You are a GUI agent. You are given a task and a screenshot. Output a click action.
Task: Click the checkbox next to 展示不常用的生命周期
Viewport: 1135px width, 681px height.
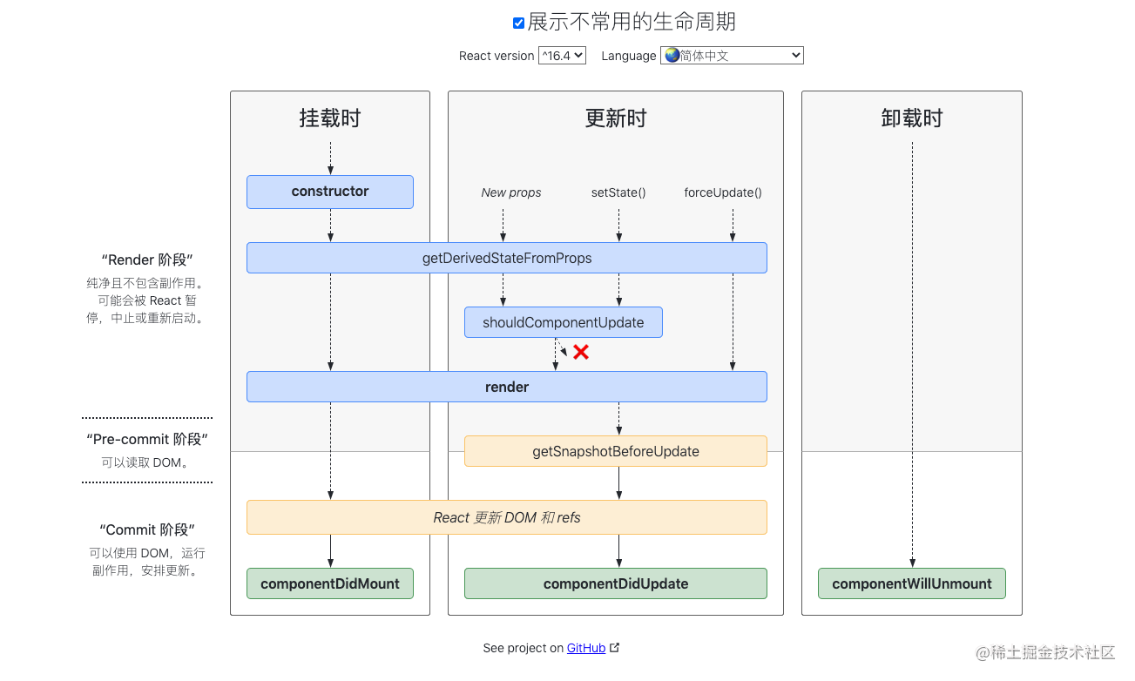click(518, 24)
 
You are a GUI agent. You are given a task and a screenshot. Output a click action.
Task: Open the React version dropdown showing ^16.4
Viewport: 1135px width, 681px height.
click(562, 56)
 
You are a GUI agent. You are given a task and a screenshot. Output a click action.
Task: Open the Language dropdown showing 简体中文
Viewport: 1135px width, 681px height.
click(732, 56)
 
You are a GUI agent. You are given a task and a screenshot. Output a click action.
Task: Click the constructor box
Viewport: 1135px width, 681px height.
click(330, 192)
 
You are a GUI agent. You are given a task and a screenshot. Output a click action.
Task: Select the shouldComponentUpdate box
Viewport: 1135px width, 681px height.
click(563, 322)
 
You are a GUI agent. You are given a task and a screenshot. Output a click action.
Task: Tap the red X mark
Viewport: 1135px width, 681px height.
click(581, 352)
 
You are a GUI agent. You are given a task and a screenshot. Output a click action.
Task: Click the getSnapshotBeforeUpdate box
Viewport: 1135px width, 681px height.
click(615, 451)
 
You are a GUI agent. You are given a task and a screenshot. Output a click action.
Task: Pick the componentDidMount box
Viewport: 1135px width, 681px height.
click(330, 583)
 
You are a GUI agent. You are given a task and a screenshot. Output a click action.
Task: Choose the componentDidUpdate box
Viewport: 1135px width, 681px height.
click(615, 583)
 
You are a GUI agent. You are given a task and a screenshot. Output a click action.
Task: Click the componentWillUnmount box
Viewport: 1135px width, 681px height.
click(911, 583)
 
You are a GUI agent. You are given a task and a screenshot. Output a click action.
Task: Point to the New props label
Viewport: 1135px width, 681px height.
click(511, 192)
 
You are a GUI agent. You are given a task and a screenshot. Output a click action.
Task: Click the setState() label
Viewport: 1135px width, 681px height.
click(618, 192)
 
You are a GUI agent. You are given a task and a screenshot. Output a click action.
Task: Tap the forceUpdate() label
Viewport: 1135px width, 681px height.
click(723, 192)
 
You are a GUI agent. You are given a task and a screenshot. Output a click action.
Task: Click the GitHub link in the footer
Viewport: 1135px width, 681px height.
click(586, 648)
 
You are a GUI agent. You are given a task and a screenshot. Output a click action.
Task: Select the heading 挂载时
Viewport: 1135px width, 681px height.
click(330, 118)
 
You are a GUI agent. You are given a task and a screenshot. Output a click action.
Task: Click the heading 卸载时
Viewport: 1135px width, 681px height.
click(911, 118)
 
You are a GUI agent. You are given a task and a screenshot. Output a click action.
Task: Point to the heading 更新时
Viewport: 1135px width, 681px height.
click(615, 118)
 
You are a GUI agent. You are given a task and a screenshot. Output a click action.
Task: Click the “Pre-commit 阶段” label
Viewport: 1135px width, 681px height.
click(147, 439)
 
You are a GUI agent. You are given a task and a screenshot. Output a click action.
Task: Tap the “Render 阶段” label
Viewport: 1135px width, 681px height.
click(147, 260)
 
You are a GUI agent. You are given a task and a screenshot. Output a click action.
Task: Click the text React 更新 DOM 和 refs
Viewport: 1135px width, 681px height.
click(506, 517)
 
